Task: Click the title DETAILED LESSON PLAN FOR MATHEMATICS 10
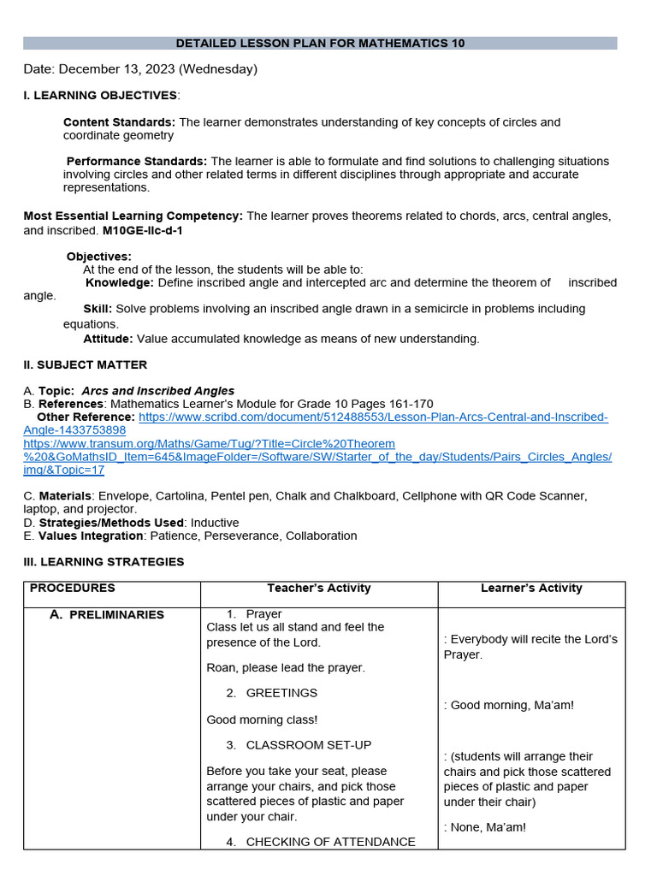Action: point(320,43)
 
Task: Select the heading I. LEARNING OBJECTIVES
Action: point(100,95)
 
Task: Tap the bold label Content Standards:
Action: point(119,122)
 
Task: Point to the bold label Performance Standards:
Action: point(137,161)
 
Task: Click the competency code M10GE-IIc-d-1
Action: point(143,230)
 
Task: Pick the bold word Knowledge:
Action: point(120,282)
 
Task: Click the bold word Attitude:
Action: point(108,339)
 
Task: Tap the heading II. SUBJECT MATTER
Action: point(85,364)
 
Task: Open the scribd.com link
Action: point(373,417)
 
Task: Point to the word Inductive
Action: point(215,523)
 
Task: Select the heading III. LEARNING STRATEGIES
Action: point(104,562)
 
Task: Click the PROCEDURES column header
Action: point(72,588)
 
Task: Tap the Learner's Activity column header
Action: point(531,588)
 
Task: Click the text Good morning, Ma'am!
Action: point(512,705)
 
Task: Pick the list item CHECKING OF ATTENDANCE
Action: point(330,842)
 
